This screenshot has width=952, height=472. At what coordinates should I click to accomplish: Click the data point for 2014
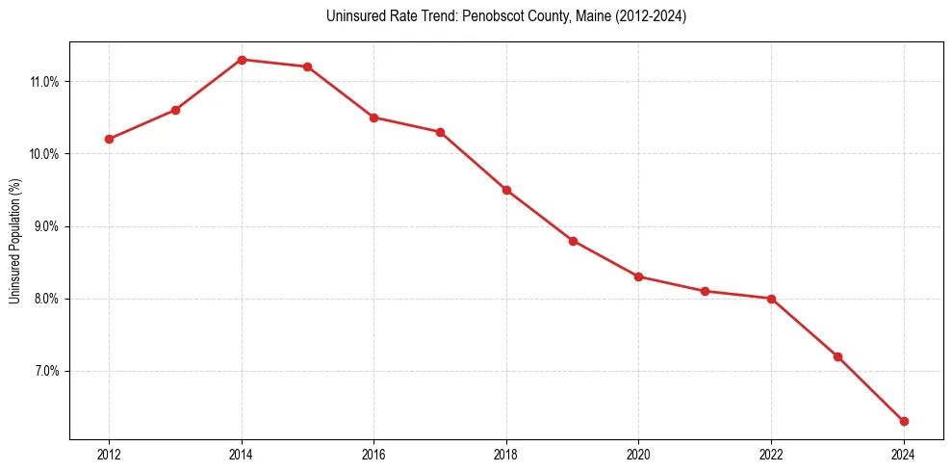tap(242, 60)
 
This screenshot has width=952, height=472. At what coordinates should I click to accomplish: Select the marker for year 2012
tap(109, 139)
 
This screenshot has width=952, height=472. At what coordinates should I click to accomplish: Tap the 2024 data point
tap(904, 421)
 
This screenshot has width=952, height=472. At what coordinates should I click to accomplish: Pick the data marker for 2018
tap(506, 190)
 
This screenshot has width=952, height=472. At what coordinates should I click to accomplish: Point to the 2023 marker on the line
tap(837, 356)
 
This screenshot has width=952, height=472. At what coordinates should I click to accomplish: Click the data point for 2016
tap(373, 118)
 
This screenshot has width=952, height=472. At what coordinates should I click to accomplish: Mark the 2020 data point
tap(639, 276)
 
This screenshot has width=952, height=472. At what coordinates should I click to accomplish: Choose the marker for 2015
tap(307, 66)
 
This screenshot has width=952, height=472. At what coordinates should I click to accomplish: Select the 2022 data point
tap(771, 299)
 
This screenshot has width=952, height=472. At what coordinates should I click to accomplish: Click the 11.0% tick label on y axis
tap(44, 82)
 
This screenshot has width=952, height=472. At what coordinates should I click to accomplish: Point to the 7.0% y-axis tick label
tap(46, 371)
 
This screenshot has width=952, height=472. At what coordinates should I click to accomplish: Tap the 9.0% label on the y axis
tap(46, 226)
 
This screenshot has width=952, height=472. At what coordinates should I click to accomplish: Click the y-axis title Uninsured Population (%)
tap(14, 241)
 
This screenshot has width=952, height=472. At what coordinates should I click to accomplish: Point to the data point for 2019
tap(573, 241)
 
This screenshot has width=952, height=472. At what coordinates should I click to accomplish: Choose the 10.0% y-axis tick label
tap(44, 154)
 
